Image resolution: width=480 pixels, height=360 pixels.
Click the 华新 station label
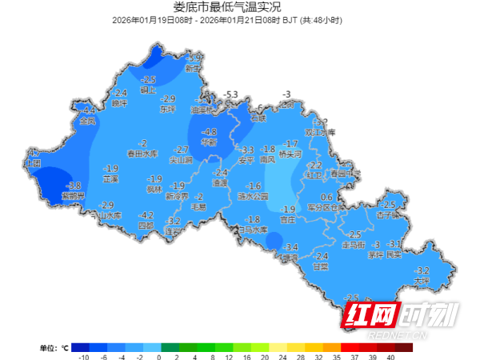coord(210,142)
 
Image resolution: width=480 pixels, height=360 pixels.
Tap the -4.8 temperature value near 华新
coord(209,132)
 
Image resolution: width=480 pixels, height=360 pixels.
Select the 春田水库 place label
coord(142,154)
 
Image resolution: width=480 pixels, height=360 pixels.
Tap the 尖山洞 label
coord(182,159)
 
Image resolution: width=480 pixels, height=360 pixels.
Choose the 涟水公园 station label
coord(254,195)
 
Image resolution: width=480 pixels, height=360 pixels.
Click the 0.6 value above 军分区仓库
coord(326,197)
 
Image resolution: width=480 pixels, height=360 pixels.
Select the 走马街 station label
coord(353,244)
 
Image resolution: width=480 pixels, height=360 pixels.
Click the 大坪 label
coord(423,281)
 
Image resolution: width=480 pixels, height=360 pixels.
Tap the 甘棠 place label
coord(321,266)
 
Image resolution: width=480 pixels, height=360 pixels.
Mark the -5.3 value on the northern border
coord(232,94)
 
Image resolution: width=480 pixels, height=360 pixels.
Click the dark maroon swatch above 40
coord(404,347)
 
